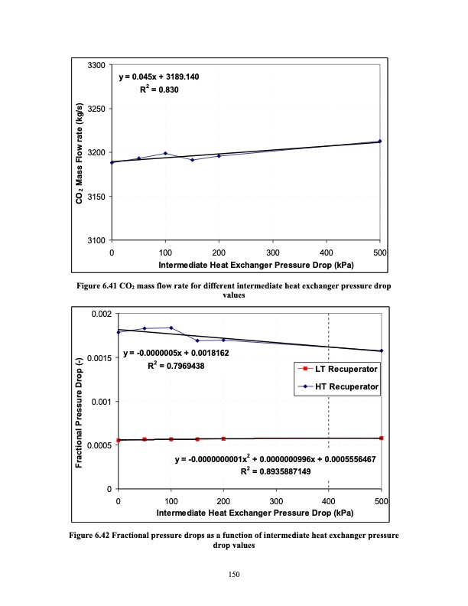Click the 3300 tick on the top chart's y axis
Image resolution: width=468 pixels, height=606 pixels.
click(x=96, y=65)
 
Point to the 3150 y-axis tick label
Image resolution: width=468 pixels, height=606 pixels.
click(x=96, y=197)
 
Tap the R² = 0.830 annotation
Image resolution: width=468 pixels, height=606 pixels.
click(x=159, y=90)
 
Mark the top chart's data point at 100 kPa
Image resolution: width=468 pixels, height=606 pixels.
click(x=165, y=153)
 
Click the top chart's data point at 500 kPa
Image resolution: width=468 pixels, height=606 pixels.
click(x=379, y=141)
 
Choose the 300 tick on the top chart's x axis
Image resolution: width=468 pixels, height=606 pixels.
click(x=272, y=252)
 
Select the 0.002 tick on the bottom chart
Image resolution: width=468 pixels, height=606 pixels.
click(x=102, y=314)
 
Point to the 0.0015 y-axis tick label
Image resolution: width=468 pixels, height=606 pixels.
click(x=99, y=358)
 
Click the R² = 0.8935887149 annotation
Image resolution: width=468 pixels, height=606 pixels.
click(x=276, y=472)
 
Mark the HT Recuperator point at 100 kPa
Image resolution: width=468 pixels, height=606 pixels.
click(x=171, y=327)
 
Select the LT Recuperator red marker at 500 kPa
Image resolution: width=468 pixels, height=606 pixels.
click(x=381, y=438)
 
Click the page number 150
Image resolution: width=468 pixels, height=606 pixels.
click(x=234, y=574)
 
